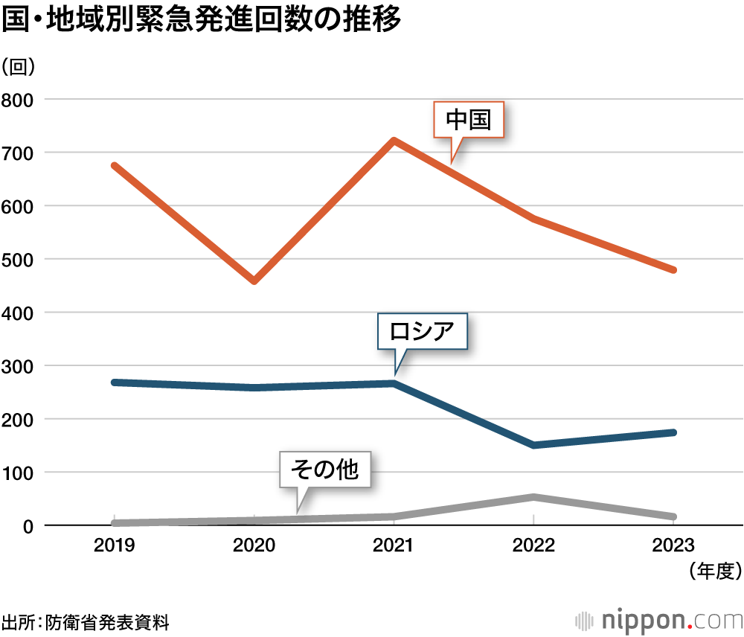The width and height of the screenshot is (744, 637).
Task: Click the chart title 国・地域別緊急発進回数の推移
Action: (x=201, y=21)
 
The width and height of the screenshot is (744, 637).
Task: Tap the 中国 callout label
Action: (x=469, y=120)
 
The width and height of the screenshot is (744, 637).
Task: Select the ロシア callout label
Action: (x=423, y=330)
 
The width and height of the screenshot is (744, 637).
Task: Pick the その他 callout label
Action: (x=324, y=469)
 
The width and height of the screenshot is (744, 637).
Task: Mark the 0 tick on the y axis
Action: (x=28, y=525)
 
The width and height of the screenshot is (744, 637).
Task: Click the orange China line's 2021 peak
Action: (x=394, y=141)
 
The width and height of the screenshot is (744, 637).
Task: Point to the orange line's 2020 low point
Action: (x=254, y=281)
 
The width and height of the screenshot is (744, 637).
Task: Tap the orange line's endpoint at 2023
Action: (x=673, y=269)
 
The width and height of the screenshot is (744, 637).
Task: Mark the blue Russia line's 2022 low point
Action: (x=533, y=445)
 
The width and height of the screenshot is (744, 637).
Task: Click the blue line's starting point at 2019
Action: (x=114, y=382)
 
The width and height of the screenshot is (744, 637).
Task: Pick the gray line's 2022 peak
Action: (x=533, y=497)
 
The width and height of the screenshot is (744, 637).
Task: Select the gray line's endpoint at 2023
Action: (x=673, y=516)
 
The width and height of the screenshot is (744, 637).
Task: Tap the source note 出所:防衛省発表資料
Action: (x=86, y=621)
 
